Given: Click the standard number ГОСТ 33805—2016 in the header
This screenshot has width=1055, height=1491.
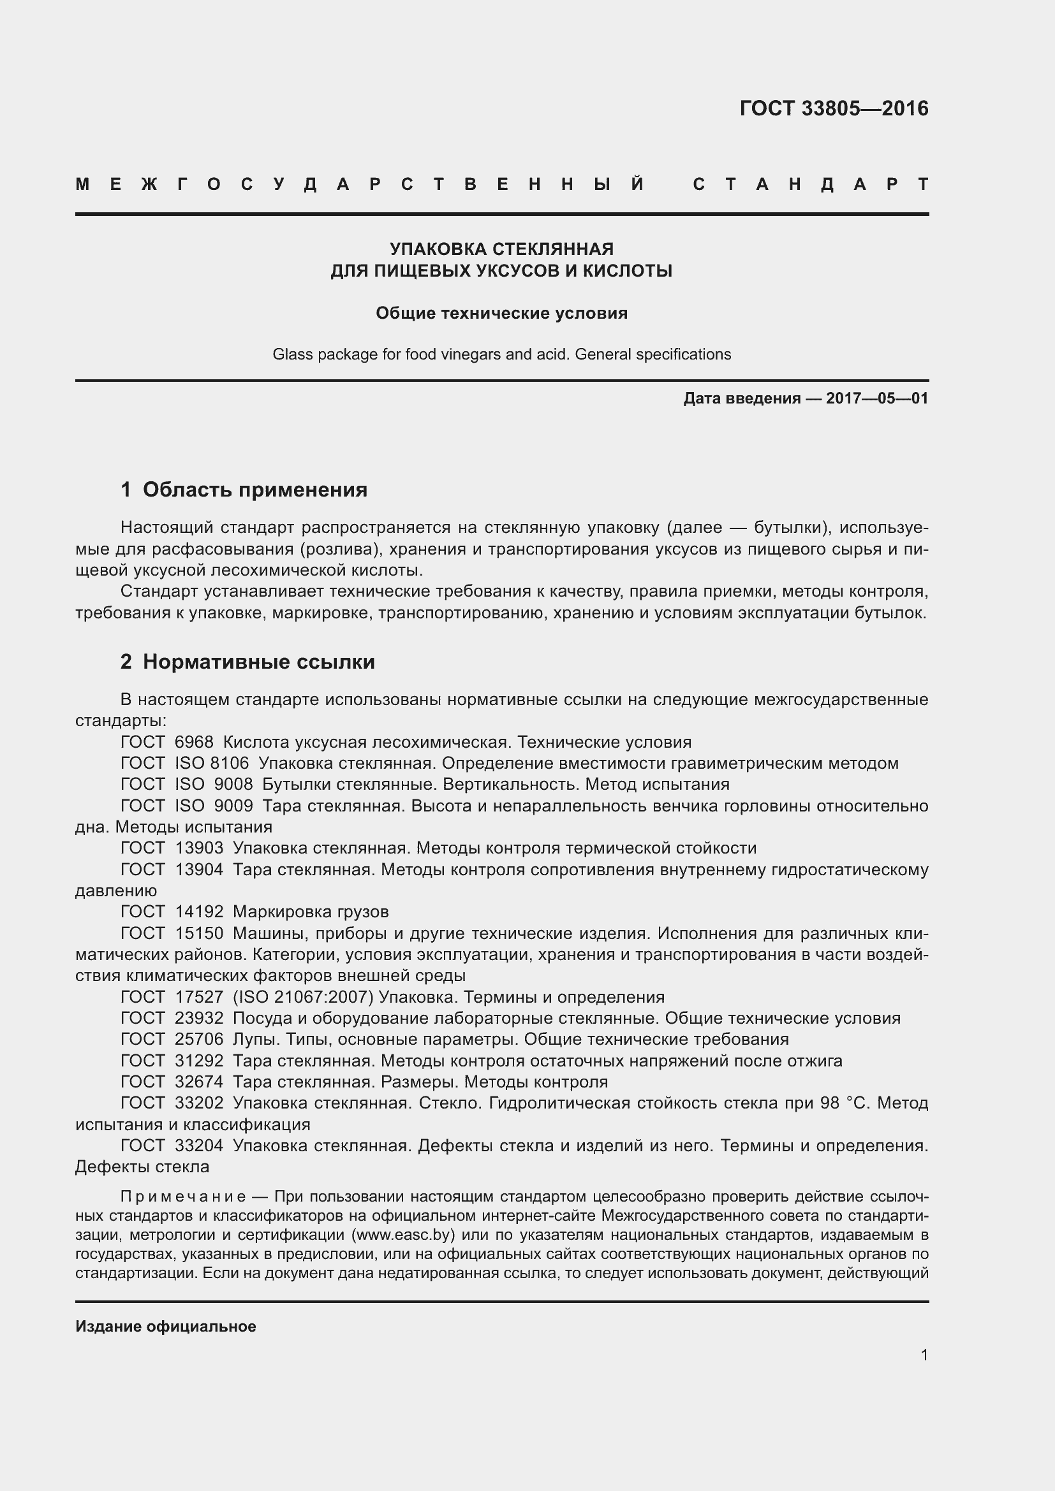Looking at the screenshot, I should point(834,108).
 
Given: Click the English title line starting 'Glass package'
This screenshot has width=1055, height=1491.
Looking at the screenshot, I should point(501,354).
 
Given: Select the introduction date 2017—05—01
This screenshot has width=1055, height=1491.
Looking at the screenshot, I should point(876,398).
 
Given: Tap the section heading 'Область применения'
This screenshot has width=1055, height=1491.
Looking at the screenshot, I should point(255,490).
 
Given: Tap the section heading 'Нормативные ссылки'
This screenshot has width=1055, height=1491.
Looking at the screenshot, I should point(258,662).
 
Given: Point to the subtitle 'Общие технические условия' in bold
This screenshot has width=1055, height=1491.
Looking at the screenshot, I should point(501,314).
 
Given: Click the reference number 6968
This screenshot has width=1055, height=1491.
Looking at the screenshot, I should point(194,742).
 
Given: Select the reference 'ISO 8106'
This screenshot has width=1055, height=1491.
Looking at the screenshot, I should point(212,764).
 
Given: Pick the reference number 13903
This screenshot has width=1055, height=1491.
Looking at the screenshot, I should point(199,848).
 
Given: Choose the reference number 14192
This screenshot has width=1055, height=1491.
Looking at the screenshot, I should point(199,912).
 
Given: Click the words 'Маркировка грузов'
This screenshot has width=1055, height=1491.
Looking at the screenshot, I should point(311,912).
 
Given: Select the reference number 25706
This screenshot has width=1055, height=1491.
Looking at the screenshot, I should point(199,1040).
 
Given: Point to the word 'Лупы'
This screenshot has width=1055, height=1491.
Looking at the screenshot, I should point(250,1040).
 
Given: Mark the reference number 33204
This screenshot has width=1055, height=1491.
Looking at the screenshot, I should point(199,1146).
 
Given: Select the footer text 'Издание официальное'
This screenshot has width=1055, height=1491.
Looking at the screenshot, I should point(166,1327).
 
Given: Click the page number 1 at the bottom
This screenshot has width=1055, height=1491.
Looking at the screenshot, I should point(924,1355).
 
